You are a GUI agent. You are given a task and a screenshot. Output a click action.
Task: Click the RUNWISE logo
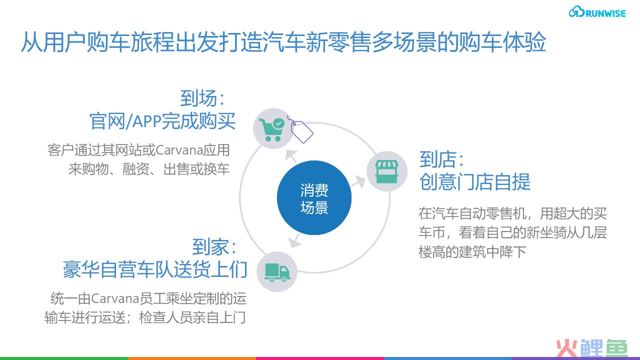coord(597,12)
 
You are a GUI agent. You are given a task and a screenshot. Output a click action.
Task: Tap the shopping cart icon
coord(271,129)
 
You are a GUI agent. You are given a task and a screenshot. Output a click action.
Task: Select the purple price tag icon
coord(300,130)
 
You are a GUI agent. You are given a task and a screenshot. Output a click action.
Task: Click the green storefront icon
coord(387,171)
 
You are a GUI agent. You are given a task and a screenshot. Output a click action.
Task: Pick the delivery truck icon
coord(277,272)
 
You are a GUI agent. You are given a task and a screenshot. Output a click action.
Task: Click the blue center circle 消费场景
coord(314,197)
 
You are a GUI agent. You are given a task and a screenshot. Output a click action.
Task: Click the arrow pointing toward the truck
coord(294,240)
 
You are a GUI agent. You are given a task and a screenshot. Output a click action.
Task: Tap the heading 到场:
coord(202,98)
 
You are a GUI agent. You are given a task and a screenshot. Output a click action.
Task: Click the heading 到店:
coord(441,159)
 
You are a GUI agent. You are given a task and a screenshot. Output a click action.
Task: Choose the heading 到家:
coord(214,247)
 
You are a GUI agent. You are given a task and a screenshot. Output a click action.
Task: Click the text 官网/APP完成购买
coord(162,121)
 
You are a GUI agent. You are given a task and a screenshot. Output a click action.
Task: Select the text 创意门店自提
coord(475,181)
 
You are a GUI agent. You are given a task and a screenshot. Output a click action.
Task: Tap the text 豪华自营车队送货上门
coord(155,269)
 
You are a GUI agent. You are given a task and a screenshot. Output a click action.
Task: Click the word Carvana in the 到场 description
coord(179,150)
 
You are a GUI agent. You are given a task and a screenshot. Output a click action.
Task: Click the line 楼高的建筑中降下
coord(472,252)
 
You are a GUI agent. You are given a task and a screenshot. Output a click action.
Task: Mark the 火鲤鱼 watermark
coord(591,348)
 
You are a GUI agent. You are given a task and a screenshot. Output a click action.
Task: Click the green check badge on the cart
coord(278,123)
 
